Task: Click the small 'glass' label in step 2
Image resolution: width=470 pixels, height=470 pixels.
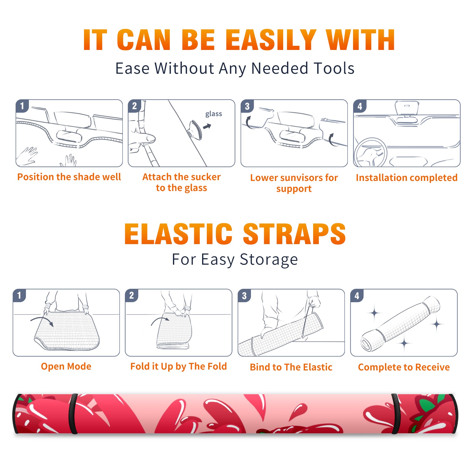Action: click(x=214, y=114)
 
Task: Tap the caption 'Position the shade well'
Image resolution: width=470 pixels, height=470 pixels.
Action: click(x=69, y=177)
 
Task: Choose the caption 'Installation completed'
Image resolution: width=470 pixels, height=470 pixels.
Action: click(x=407, y=177)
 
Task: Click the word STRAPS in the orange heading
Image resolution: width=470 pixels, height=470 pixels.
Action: click(x=294, y=234)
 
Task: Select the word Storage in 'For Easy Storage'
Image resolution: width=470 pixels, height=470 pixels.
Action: click(x=269, y=260)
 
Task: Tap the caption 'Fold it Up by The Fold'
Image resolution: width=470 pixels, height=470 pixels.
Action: click(x=179, y=366)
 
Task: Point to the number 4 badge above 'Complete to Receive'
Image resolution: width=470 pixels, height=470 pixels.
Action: click(x=357, y=296)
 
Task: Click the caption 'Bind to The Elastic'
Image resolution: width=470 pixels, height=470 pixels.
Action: click(x=291, y=367)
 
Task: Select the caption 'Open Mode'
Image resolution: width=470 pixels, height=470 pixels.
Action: click(x=66, y=366)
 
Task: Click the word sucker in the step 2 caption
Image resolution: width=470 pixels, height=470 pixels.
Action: click(x=206, y=177)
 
